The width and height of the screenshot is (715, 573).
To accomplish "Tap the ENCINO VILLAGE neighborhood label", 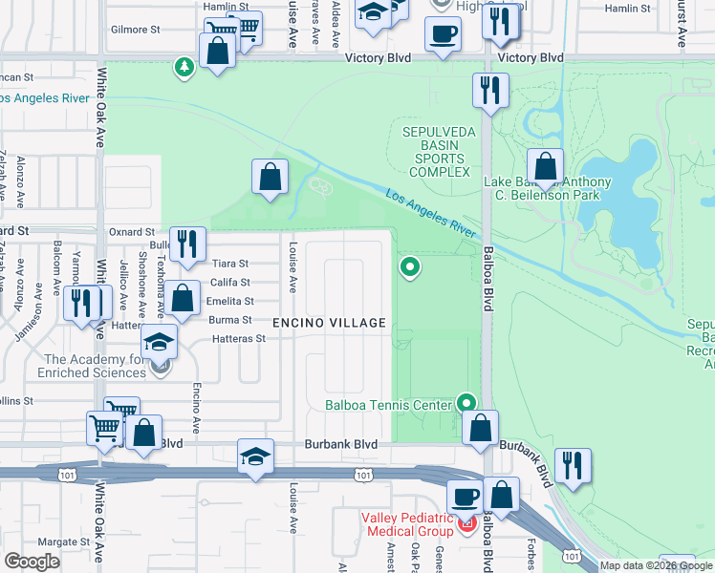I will pyautogui.click(x=329, y=324).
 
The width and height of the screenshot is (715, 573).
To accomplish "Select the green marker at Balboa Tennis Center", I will pyautogui.click(x=466, y=403).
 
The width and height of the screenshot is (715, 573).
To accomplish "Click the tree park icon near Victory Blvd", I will pyautogui.click(x=183, y=67).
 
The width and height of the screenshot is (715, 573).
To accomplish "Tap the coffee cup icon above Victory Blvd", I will pyautogui.click(x=443, y=35).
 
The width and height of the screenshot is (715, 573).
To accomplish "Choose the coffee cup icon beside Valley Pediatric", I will pyautogui.click(x=466, y=497).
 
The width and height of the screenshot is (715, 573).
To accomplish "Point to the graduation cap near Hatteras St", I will pyautogui.click(x=160, y=344).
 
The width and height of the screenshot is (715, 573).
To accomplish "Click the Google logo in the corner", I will pyautogui.click(x=32, y=561).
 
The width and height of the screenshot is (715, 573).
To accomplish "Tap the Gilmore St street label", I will pyautogui.click(x=135, y=30).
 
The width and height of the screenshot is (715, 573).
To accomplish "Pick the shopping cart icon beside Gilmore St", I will pyautogui.click(x=248, y=28).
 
